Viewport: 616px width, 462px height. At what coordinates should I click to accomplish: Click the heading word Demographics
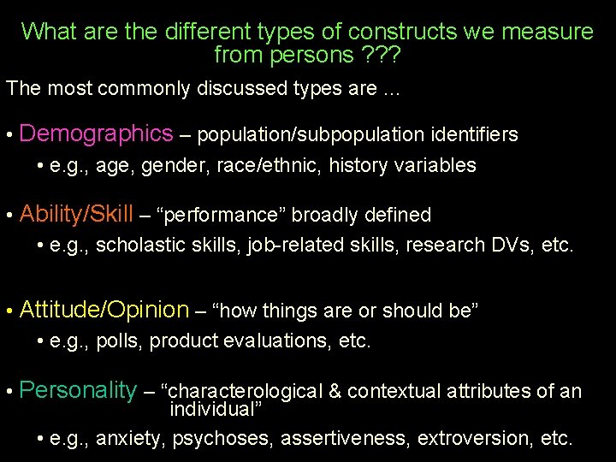coord(96,133)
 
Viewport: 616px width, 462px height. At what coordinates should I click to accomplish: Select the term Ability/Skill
coord(76,214)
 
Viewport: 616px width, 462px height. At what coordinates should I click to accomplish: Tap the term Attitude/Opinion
coord(104,310)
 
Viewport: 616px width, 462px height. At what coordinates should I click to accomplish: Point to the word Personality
coord(77,391)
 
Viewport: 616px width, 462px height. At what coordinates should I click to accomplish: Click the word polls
coord(118,342)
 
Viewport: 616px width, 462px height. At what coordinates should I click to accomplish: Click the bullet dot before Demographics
coord(8,136)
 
